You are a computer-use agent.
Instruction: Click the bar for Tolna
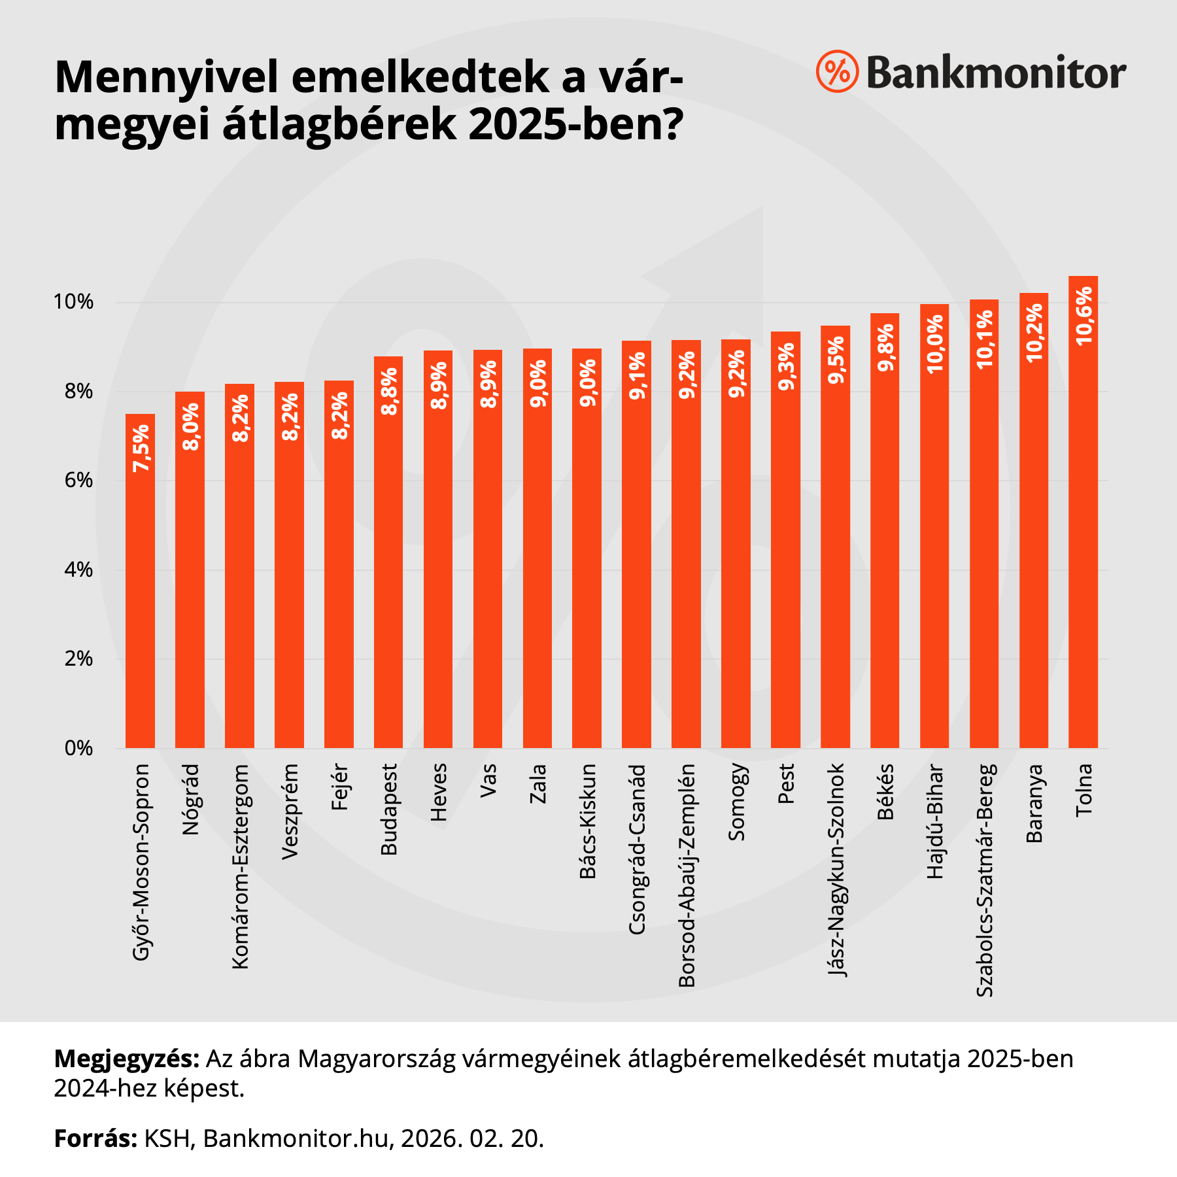tap(1083, 523)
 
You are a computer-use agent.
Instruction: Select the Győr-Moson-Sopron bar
tap(140, 588)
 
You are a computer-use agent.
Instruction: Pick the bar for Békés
tap(885, 536)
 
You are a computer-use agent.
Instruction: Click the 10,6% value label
tap(1083, 316)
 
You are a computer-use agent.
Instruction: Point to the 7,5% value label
tap(141, 448)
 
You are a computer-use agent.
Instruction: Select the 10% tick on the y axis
tap(73, 302)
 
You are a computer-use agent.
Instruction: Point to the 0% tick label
tap(78, 748)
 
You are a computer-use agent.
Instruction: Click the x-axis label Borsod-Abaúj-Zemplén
tap(687, 875)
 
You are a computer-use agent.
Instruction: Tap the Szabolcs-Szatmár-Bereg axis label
tap(984, 879)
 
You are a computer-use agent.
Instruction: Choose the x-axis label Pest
tap(786, 783)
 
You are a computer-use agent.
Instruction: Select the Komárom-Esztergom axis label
tap(240, 866)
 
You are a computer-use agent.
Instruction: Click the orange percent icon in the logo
tap(836, 71)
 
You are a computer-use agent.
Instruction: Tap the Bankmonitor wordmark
tap(996, 73)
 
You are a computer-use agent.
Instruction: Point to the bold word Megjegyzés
tap(126, 1058)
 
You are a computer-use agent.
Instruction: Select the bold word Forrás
tap(95, 1138)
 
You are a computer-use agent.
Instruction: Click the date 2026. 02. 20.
tap(472, 1138)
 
